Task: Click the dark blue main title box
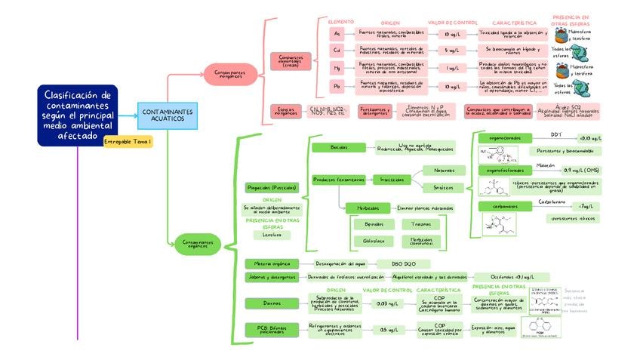pyautogui.click(x=78, y=115)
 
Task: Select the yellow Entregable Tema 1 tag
pyautogui.click(x=128, y=142)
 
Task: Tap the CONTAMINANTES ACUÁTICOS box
pyautogui.click(x=167, y=115)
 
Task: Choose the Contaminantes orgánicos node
pyautogui.click(x=198, y=244)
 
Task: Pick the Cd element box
pyautogui.click(x=337, y=51)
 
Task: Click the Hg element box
pyautogui.click(x=337, y=68)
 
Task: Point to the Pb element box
pyautogui.click(x=337, y=87)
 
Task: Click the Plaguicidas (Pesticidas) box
pyautogui.click(x=272, y=187)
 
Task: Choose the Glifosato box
pyautogui.click(x=374, y=241)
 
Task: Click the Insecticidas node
pyautogui.click(x=391, y=180)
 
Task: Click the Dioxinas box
pyautogui.click(x=272, y=303)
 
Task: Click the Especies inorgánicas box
pyautogui.click(x=286, y=111)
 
